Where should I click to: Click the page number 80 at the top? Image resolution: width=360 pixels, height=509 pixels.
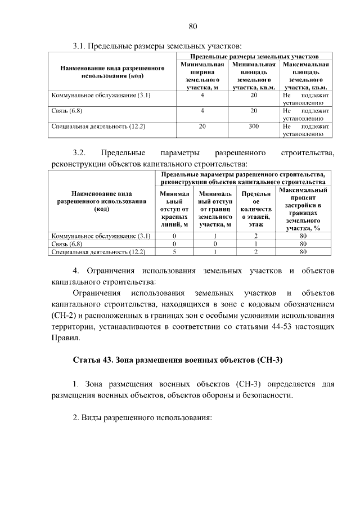pyautogui.click(x=192, y=26)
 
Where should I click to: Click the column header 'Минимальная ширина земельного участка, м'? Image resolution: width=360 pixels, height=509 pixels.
pyautogui.click(x=202, y=76)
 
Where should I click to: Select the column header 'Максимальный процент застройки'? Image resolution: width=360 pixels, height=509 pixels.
pyautogui.click(x=303, y=209)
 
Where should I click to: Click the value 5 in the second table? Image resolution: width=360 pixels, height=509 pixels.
pyautogui.click(x=174, y=253)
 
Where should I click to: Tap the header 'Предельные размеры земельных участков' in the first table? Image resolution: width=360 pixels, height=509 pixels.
pyautogui.click(x=255, y=57)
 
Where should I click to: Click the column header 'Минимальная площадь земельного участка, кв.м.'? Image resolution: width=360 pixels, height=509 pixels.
pyautogui.click(x=254, y=76)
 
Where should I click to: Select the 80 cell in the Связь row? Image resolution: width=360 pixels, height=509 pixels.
pyautogui.click(x=303, y=244)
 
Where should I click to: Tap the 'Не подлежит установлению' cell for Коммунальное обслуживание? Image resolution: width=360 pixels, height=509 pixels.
pyautogui.click(x=303, y=99)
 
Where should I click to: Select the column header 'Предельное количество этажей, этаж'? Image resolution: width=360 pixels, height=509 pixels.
pyautogui.click(x=255, y=209)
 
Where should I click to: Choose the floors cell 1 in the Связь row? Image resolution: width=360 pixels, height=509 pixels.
pyautogui.click(x=255, y=244)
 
